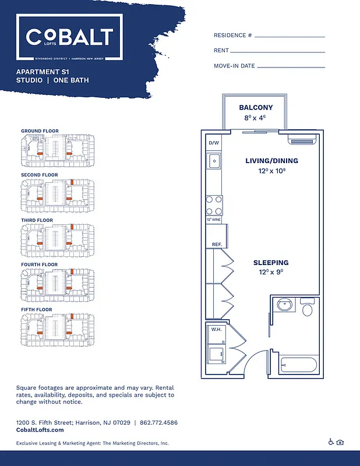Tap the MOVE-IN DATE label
[x=234, y=66]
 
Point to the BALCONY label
[x=256, y=108]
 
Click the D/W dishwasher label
[x=214, y=143]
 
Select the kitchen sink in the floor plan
[x=214, y=160]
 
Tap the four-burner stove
[x=214, y=206]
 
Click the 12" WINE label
[x=214, y=220]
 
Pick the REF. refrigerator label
[x=216, y=245]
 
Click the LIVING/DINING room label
[x=271, y=161]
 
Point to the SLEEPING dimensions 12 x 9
[x=270, y=272]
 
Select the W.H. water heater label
[x=217, y=329]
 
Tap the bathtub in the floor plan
[x=298, y=365]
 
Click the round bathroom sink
[x=285, y=305]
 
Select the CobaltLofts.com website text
[x=40, y=430]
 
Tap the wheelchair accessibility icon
[x=331, y=442]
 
